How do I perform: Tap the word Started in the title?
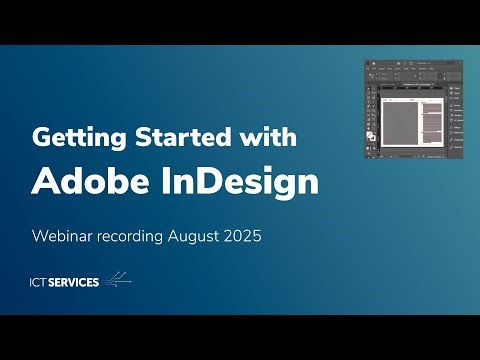pos(166,137)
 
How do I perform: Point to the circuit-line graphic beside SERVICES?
pos(116,280)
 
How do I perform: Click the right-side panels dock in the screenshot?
pos(456,115)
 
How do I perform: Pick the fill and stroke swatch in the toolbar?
pos(372,135)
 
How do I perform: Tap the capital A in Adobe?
pos(45,182)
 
